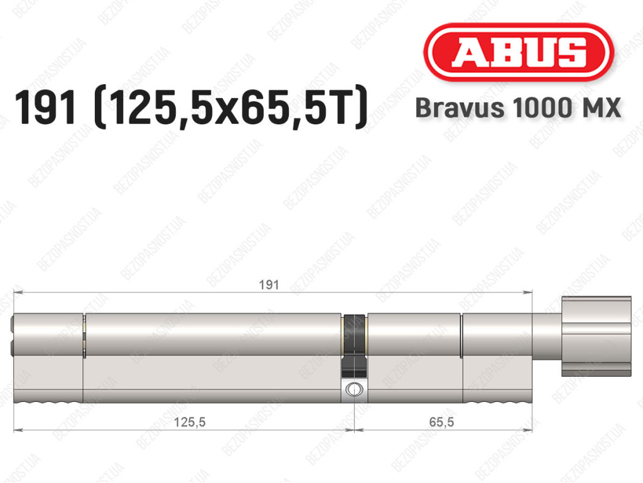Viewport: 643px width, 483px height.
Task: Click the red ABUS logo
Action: pyautogui.click(x=518, y=52)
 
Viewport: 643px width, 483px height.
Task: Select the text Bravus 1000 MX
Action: pyautogui.click(x=518, y=108)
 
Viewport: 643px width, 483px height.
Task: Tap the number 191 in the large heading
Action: pyautogui.click(x=45, y=108)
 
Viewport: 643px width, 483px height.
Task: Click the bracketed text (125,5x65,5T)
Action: pyautogui.click(x=231, y=107)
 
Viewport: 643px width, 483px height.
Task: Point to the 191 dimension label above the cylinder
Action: pyautogui.click(x=269, y=285)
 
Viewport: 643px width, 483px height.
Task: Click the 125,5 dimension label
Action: pyautogui.click(x=190, y=421)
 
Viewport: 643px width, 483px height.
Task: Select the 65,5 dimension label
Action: pyautogui.click(x=441, y=421)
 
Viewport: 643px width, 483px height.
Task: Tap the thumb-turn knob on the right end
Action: pyautogui.click(x=597, y=336)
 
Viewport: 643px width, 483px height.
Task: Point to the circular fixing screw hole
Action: pyautogui.click(x=354, y=389)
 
